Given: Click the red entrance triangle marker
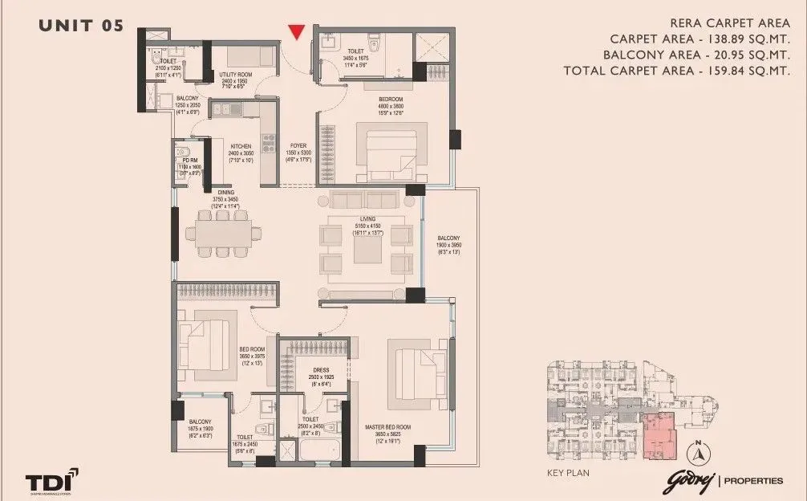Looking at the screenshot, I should click(x=297, y=32).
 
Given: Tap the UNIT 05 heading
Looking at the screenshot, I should click(x=81, y=26).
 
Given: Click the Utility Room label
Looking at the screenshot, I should click(x=235, y=75).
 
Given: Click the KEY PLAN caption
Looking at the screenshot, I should click(x=567, y=473).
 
